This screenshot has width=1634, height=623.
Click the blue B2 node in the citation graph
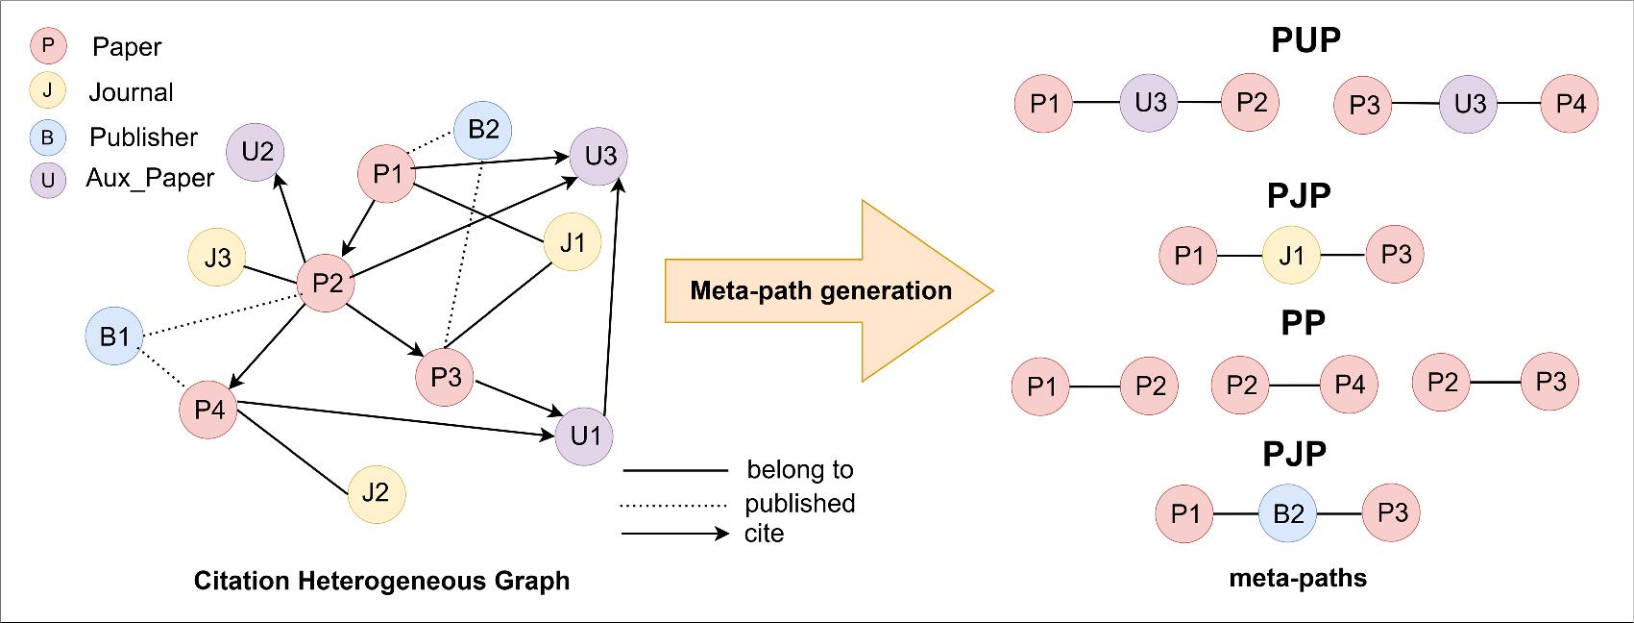point(483,129)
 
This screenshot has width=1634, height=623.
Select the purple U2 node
point(257,152)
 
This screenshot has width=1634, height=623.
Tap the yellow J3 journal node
point(218,258)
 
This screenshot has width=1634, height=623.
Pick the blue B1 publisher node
point(114,336)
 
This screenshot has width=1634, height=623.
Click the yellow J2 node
point(376,493)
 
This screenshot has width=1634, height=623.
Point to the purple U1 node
point(584,436)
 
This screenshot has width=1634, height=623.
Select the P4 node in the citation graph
point(209,410)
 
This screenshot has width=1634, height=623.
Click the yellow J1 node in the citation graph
point(573,242)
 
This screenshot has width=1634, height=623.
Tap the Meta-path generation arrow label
point(820,290)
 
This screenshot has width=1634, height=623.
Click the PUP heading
point(1305,40)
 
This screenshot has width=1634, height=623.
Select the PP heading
point(1303,323)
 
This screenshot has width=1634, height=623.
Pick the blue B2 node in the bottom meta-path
point(1288,513)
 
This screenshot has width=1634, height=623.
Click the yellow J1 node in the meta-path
point(1292,255)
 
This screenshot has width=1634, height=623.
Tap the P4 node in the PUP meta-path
point(1570,104)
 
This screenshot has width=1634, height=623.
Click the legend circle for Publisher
point(47,137)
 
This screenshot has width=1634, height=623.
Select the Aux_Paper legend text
point(150,179)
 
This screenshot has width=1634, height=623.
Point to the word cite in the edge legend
point(764,534)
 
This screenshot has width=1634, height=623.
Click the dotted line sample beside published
point(673,504)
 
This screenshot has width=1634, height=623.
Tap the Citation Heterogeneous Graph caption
point(381,581)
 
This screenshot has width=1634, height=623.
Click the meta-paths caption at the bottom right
point(1298,578)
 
